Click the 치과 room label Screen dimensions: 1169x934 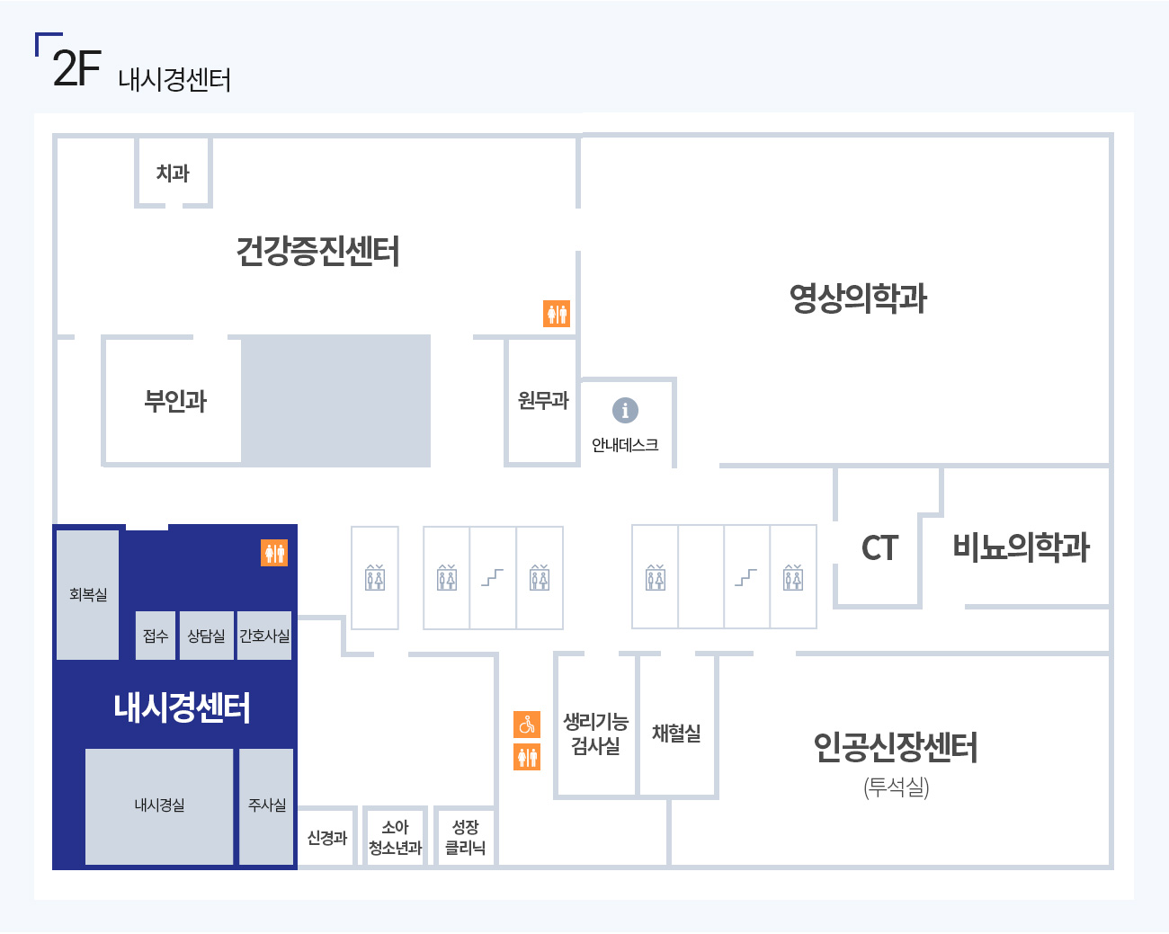tap(173, 173)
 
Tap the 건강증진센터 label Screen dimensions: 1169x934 tap(318, 251)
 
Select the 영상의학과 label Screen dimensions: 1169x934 tap(858, 298)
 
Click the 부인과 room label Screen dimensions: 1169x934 tap(175, 401)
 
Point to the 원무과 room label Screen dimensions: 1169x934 tap(543, 401)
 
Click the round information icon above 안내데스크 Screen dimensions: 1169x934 tap(625, 410)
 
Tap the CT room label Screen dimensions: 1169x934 tap(880, 548)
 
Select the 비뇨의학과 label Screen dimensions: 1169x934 tap(1022, 547)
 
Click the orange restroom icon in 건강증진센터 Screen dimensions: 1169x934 tap(557, 314)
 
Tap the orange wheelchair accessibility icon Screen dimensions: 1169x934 tap(527, 725)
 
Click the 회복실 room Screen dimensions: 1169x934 tap(88, 594)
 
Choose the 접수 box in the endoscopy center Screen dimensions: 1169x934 tap(156, 636)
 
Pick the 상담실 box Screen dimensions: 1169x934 tap(207, 636)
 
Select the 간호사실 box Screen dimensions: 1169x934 tap(264, 636)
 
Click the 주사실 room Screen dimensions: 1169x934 tap(266, 806)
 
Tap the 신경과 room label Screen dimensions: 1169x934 tap(327, 838)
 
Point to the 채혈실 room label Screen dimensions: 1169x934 tap(676, 733)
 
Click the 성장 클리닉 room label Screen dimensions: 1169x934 tap(466, 837)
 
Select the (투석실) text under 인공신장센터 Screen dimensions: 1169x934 tap(897, 787)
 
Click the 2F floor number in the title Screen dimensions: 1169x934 tap(76, 68)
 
